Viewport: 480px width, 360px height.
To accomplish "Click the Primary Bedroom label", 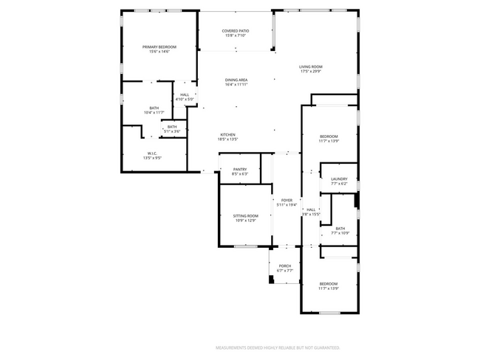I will coord(160,46).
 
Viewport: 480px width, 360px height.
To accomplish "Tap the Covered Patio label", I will coord(236,31).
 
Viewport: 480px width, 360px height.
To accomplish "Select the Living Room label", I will coord(311,66).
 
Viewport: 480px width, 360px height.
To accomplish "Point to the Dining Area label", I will coord(236,80).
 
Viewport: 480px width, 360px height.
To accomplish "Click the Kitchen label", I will coord(227,134).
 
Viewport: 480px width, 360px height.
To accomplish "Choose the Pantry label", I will coord(239,169).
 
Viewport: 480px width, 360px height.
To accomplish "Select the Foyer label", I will coord(287,201).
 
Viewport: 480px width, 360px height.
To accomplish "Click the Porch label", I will coord(284,266).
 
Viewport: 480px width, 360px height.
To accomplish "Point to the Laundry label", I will coord(339,179).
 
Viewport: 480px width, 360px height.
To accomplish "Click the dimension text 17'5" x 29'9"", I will coord(311,72).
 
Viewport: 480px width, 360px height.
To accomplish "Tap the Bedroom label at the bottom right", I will coord(329,284).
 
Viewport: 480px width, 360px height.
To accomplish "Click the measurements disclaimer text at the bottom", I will coord(277,347).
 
